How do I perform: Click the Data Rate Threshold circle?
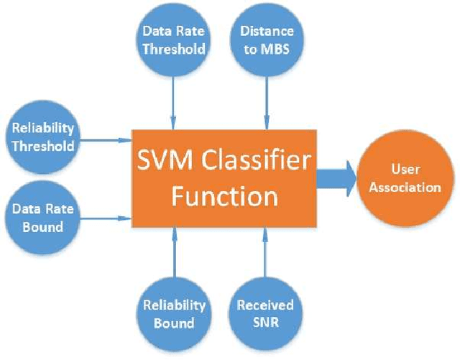[x=172, y=40]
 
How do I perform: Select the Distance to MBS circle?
[x=267, y=40]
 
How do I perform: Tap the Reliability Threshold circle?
[x=43, y=135]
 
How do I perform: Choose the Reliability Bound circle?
[x=173, y=313]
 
